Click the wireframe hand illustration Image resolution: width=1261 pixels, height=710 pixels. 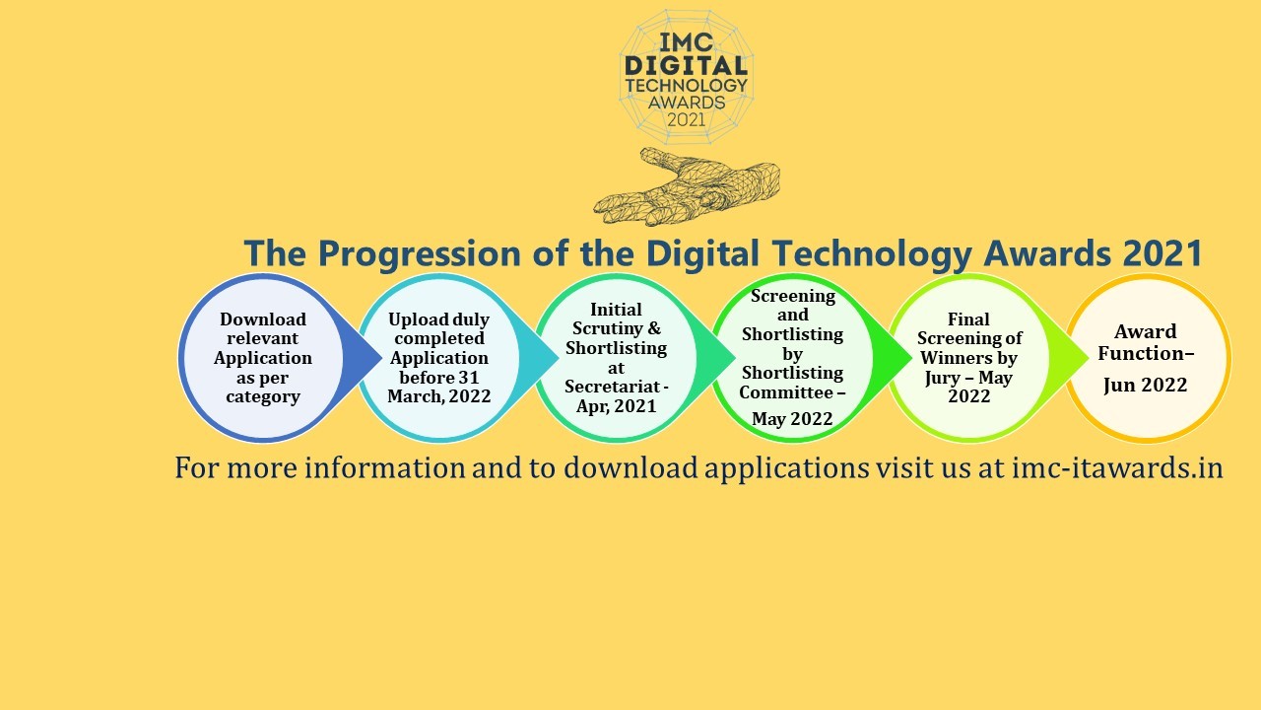pyautogui.click(x=687, y=187)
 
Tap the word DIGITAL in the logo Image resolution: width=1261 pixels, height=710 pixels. pyautogui.click(x=687, y=66)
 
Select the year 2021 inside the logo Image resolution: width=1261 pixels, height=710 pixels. pyautogui.click(x=687, y=120)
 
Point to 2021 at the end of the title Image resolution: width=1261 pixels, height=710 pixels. pyautogui.click(x=1163, y=253)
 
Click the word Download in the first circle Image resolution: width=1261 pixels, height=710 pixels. pyautogui.click(x=263, y=319)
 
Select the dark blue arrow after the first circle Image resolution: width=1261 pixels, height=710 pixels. pyautogui.click(x=363, y=357)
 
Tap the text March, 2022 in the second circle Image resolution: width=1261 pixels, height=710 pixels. pyautogui.click(x=439, y=396)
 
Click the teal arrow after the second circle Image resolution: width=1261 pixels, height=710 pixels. pyautogui.click(x=539, y=357)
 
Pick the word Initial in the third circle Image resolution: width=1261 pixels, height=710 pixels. pyautogui.click(x=616, y=310)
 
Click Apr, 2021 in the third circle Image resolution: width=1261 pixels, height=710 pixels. pyautogui.click(x=616, y=406)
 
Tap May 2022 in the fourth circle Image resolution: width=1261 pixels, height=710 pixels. pyautogui.click(x=792, y=419)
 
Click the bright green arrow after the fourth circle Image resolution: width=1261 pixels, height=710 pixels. pyautogui.click(x=893, y=357)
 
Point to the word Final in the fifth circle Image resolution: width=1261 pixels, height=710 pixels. pyautogui.click(x=968, y=319)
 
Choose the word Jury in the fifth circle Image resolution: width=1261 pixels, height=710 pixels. pyautogui.click(x=942, y=378)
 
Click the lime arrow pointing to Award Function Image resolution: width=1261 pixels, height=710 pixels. pyautogui.click(x=1070, y=357)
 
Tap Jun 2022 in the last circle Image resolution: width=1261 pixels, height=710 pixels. pyautogui.click(x=1145, y=385)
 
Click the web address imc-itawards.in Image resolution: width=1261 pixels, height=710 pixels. pyautogui.click(x=1117, y=468)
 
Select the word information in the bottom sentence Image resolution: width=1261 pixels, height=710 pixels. pyautogui.click(x=385, y=468)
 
